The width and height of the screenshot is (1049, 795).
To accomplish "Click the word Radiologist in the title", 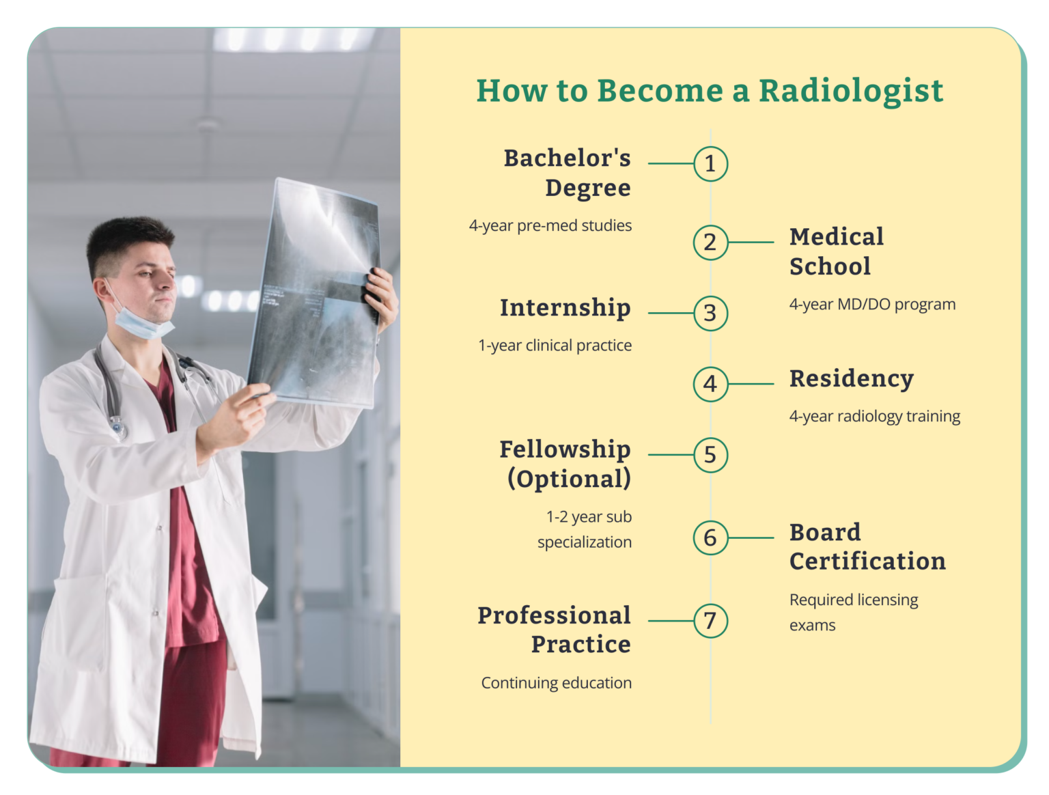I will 851,90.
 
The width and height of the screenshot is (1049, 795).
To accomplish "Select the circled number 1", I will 710,164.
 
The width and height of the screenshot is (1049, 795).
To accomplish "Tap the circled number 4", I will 710,384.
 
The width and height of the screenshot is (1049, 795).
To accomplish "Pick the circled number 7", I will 710,621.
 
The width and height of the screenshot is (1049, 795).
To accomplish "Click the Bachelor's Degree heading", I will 568,172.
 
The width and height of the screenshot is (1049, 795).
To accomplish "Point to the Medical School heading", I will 836,251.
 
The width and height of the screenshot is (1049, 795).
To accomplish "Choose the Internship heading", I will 565,308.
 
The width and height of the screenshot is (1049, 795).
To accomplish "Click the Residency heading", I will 851,378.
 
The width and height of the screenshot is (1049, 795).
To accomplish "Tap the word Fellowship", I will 565,449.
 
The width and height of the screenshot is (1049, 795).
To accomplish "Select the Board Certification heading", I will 867,546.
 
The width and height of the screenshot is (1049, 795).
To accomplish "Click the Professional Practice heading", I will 555,629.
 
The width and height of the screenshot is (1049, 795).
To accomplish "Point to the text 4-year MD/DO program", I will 872,305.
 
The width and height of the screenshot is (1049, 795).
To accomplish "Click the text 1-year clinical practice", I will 555,346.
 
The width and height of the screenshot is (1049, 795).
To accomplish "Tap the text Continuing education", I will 556,683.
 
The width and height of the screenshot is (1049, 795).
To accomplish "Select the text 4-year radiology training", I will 874,417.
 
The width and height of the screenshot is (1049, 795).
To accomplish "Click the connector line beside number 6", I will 751,538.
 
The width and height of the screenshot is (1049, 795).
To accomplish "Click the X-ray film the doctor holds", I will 314,294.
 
